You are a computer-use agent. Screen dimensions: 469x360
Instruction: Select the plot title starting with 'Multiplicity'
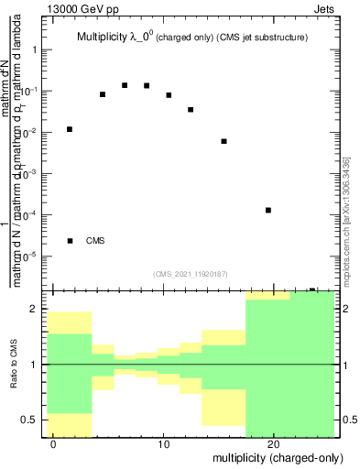[x=191, y=37]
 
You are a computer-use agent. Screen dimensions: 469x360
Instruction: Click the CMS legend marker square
[x=70, y=241]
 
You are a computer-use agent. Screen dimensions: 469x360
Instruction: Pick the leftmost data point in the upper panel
[x=70, y=129]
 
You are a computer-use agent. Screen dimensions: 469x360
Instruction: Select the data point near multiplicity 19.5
[x=267, y=211]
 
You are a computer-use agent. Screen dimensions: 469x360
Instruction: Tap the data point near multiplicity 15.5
[x=224, y=141]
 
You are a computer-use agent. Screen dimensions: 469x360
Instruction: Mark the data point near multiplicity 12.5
[x=191, y=110]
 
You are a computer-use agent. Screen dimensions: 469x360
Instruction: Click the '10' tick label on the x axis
[x=163, y=444]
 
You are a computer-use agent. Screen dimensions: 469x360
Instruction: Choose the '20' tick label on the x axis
[x=273, y=444]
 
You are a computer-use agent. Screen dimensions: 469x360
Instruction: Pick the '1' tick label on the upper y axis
[x=35, y=50]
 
